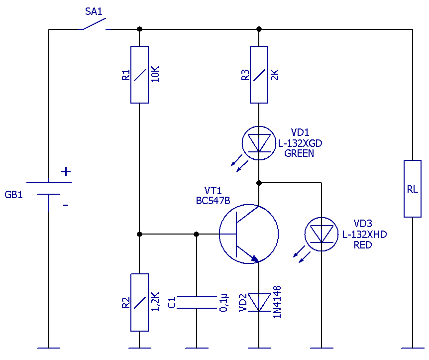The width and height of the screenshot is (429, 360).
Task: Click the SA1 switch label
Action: tap(94, 11)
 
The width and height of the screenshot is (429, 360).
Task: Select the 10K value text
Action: tap(155, 74)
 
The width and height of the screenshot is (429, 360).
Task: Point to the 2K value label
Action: tap(274, 75)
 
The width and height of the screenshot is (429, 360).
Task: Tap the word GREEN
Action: tap(299, 153)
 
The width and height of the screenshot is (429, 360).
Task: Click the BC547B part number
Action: tap(213, 201)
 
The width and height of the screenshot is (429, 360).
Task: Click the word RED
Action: tap(363, 245)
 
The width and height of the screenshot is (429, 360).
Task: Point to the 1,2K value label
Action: tap(155, 302)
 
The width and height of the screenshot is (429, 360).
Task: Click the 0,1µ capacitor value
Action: tap(223, 303)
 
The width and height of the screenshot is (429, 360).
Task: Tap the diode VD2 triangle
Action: tap(259, 302)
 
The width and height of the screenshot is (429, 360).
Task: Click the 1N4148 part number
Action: tap(277, 302)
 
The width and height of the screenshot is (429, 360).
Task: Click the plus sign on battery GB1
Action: tap(66, 172)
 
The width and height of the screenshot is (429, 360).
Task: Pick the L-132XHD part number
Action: tap(364, 235)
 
